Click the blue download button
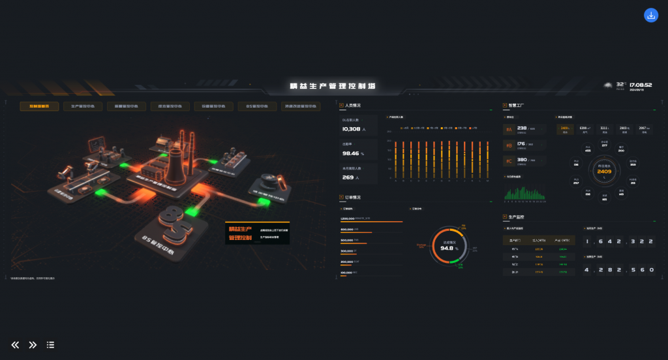tap(651, 15)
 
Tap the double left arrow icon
tap(15, 345)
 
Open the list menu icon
tap(50, 345)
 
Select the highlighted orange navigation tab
tap(39, 106)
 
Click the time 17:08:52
tap(641, 85)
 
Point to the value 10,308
tap(352, 129)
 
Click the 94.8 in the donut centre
tap(448, 248)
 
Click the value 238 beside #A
tap(522, 128)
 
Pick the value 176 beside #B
tap(521, 144)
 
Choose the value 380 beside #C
tap(522, 160)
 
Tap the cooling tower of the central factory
tap(175, 166)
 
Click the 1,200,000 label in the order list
tap(348, 218)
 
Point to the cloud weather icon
tap(609, 85)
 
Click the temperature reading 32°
tap(620, 84)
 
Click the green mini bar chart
tap(524, 194)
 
